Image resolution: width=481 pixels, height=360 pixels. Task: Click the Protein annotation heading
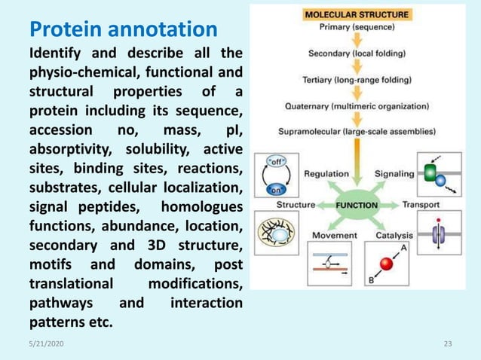point(123,31)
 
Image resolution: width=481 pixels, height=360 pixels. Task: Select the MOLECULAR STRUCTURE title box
point(357,14)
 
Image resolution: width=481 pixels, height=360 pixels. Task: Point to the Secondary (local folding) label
point(357,53)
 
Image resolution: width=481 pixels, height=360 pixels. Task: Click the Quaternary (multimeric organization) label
point(357,105)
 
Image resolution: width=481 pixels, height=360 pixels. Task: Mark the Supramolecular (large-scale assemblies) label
point(357,131)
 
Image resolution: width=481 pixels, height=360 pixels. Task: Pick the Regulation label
point(326,174)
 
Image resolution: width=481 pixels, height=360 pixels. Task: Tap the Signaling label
point(394,174)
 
